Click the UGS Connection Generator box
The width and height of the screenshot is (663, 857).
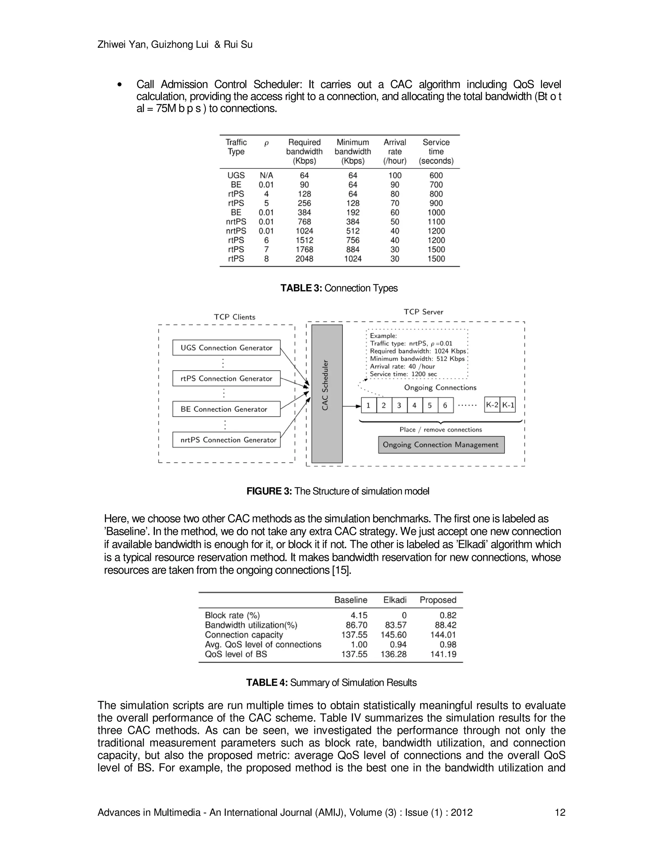coord(226,348)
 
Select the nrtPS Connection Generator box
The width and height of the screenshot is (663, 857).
coord(226,440)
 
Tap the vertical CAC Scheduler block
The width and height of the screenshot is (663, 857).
coord(327,394)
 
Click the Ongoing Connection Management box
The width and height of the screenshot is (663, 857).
coord(441,445)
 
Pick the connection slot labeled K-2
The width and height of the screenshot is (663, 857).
coord(492,405)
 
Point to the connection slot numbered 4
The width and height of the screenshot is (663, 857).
coord(414,405)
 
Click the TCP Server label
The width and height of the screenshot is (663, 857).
coord(423,312)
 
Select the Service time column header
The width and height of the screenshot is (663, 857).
coord(436,151)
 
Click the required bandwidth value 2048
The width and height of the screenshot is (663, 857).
coord(304,259)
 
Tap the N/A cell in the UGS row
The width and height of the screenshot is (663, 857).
coord(266,175)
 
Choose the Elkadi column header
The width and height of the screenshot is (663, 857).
coord(395,600)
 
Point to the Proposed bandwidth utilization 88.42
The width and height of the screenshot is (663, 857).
coord(445,625)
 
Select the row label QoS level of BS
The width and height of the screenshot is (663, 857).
coord(236,654)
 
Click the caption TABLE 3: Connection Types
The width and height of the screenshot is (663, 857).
coord(339,288)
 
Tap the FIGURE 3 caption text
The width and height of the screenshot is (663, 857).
coord(338,491)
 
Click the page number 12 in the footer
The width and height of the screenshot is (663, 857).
coord(560,812)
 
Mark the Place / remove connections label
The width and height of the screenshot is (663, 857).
coord(440,430)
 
